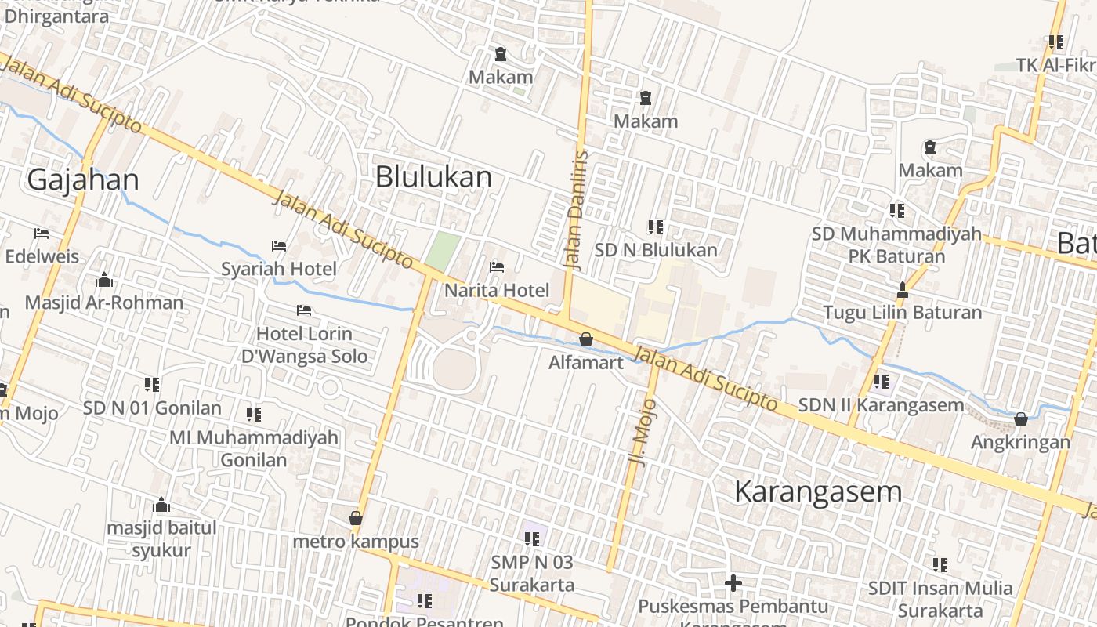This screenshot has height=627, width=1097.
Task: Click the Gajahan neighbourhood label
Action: (83, 179)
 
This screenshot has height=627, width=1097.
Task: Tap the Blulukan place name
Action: (433, 177)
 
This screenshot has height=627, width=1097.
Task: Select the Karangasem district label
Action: (818, 491)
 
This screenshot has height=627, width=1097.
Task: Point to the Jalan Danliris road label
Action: (576, 209)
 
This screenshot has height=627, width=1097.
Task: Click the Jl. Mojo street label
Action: (643, 433)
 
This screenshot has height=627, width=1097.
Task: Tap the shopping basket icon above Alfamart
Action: (585, 339)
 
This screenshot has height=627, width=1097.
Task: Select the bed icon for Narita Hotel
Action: (497, 267)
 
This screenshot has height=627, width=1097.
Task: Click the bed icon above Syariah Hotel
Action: (279, 246)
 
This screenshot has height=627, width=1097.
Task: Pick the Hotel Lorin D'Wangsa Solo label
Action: (304, 345)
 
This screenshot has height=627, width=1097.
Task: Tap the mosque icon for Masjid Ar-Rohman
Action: (104, 280)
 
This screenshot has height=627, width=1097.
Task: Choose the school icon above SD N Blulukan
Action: (656, 227)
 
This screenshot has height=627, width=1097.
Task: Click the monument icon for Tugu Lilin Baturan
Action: (902, 290)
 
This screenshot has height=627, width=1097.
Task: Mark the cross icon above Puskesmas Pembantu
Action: (733, 583)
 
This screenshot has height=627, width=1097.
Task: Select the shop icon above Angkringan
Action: (1020, 419)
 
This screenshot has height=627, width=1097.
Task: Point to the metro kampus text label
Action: (356, 542)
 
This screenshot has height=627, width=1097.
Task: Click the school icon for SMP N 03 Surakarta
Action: (532, 539)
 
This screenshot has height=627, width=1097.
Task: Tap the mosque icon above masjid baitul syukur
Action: (161, 505)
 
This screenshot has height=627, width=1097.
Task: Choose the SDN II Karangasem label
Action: (881, 405)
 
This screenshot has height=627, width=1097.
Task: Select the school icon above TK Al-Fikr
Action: (1055, 42)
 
